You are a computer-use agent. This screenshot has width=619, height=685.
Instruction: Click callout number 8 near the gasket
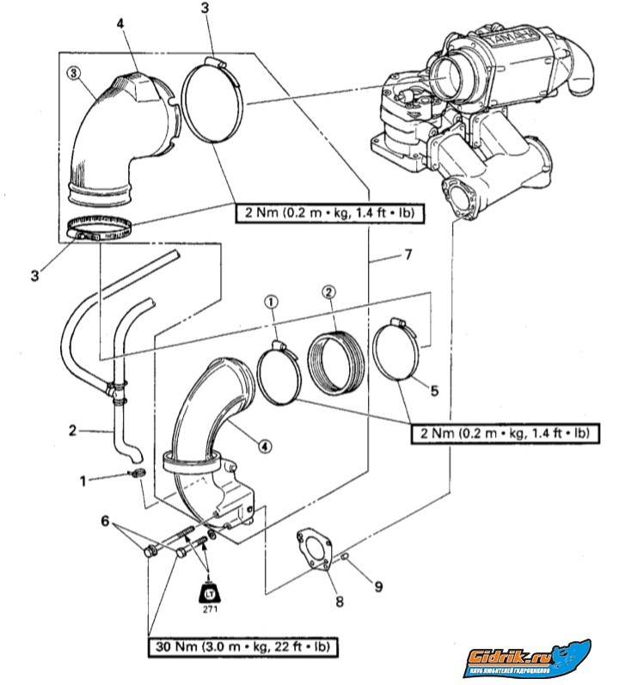point(340,601)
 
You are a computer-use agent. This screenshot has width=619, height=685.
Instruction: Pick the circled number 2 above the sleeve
point(327,292)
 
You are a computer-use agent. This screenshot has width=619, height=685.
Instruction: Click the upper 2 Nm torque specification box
point(331,212)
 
